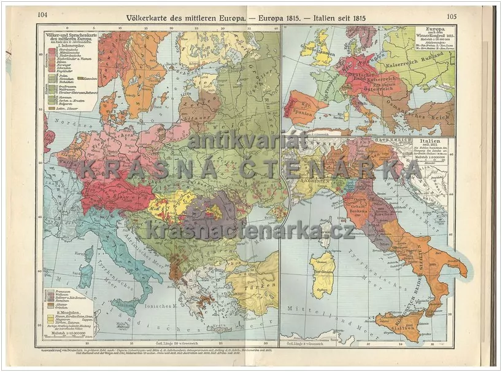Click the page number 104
tap(42, 16)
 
